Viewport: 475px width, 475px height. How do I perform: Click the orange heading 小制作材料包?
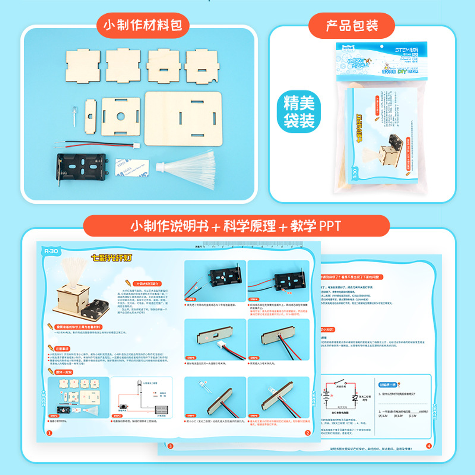(143, 25)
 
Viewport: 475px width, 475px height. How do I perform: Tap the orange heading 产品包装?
(352, 26)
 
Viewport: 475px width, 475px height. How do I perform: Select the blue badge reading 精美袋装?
(299, 112)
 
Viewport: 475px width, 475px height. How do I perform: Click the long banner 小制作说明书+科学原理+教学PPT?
(236, 226)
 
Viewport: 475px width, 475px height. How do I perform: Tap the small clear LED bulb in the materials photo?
(74, 115)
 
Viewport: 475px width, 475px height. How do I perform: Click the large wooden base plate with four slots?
(183, 119)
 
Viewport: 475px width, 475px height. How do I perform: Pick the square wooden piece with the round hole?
(121, 117)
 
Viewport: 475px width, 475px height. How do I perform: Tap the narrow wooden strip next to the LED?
(90, 116)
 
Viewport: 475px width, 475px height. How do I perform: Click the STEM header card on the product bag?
(381, 61)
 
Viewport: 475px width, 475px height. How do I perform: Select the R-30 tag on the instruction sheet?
(51, 251)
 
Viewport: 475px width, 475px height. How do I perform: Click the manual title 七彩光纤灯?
(111, 258)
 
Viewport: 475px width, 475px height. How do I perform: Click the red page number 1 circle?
(49, 433)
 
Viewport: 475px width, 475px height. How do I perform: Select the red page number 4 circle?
(429, 446)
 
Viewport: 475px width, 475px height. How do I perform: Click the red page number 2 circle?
(307, 433)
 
